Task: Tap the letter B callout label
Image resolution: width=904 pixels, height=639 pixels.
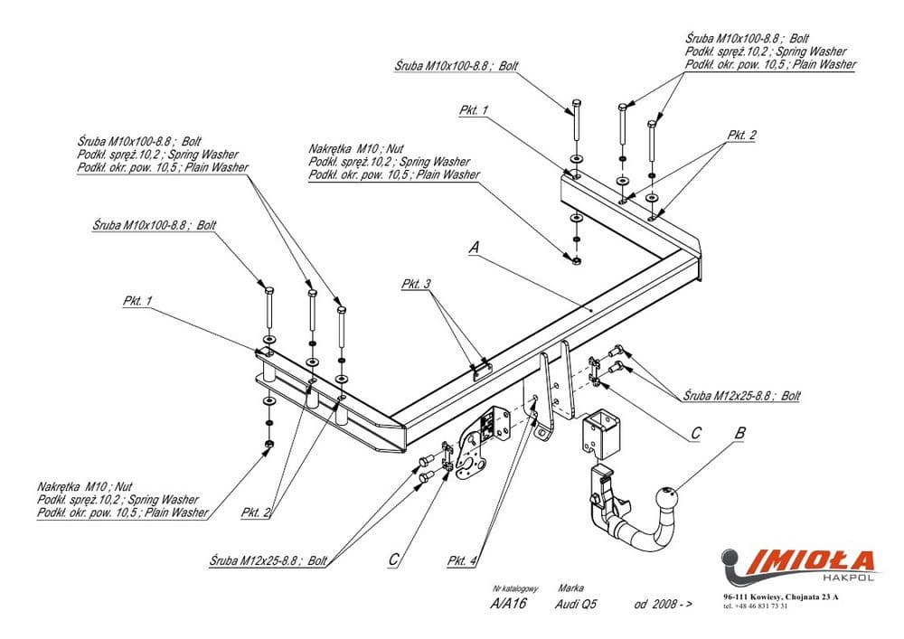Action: point(739,433)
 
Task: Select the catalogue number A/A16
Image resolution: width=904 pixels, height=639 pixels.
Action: point(508,604)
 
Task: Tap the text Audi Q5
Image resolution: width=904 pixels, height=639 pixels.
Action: point(577,604)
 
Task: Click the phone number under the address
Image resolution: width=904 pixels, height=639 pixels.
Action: point(755,606)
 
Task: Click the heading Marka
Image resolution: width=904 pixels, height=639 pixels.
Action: point(570,587)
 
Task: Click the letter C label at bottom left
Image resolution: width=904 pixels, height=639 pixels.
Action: point(393,560)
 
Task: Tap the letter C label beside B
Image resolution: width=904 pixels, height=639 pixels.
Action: point(694,433)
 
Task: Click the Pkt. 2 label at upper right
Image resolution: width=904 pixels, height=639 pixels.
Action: point(741,135)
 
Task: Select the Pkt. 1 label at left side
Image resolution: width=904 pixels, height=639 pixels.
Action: point(137,300)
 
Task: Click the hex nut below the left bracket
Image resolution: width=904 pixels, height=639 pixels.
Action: point(268,445)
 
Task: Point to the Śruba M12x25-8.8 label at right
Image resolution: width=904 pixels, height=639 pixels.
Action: point(741,396)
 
